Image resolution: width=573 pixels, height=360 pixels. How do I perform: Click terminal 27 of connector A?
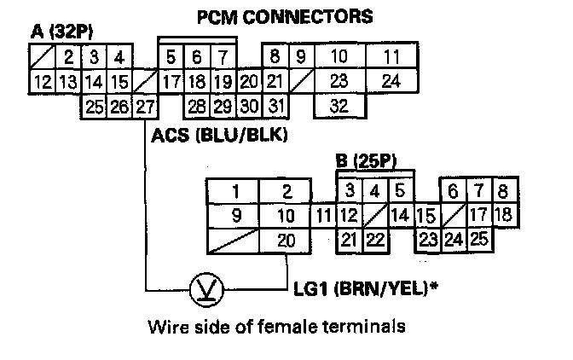145,106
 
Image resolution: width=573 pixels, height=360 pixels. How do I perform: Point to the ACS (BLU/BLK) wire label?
218,135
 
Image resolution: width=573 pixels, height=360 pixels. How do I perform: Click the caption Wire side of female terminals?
274,327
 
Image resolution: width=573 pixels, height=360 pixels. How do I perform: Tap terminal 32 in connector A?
338,107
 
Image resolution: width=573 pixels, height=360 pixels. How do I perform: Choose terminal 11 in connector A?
391,57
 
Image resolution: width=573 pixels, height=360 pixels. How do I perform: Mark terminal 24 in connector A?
391,82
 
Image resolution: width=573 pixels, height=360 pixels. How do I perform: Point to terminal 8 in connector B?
502,190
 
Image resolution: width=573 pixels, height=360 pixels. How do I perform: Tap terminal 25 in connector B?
478,239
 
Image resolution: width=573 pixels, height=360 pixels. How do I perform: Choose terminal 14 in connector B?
401,215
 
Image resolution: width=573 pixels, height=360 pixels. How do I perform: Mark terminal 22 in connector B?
374,240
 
